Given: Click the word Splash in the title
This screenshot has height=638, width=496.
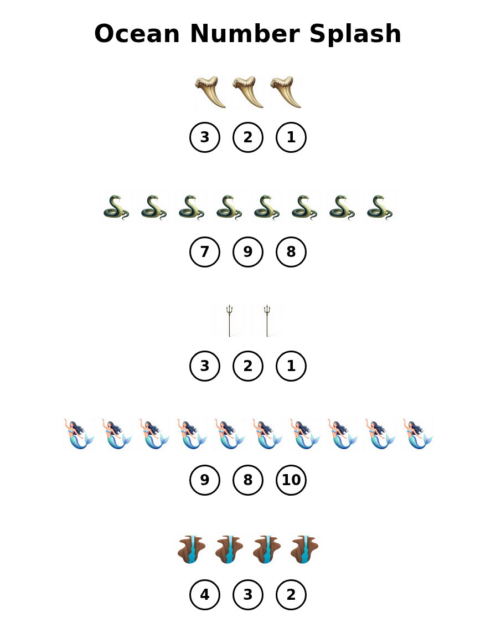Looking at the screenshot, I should [x=355, y=34].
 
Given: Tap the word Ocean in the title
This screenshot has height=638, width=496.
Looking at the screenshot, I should [x=137, y=34].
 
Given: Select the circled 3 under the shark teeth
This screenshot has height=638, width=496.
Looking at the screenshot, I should [x=205, y=137].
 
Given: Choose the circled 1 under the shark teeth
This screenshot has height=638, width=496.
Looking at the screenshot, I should [x=291, y=137].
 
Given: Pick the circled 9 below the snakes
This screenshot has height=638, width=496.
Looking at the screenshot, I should [x=248, y=252].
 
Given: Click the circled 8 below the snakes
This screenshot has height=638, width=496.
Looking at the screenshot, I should [x=291, y=252].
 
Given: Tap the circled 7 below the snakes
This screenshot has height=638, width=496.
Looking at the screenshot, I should [x=205, y=252].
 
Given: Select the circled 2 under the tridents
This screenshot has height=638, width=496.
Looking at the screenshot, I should [x=248, y=366].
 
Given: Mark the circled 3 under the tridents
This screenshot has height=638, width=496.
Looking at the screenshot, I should [x=205, y=366].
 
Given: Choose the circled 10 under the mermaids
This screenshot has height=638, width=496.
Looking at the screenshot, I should [x=291, y=480].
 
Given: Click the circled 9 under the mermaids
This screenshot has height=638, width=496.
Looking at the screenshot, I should [x=205, y=480].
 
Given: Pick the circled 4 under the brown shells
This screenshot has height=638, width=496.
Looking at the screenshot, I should [x=205, y=595].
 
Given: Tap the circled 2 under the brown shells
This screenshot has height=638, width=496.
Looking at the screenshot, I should [x=291, y=595].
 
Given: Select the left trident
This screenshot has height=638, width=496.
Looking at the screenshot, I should [x=229, y=320].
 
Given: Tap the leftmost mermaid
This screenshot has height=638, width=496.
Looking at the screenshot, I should [x=79, y=434].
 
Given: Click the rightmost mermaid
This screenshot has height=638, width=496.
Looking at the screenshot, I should [x=417, y=434].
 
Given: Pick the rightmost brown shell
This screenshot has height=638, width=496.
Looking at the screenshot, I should [x=304, y=549].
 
